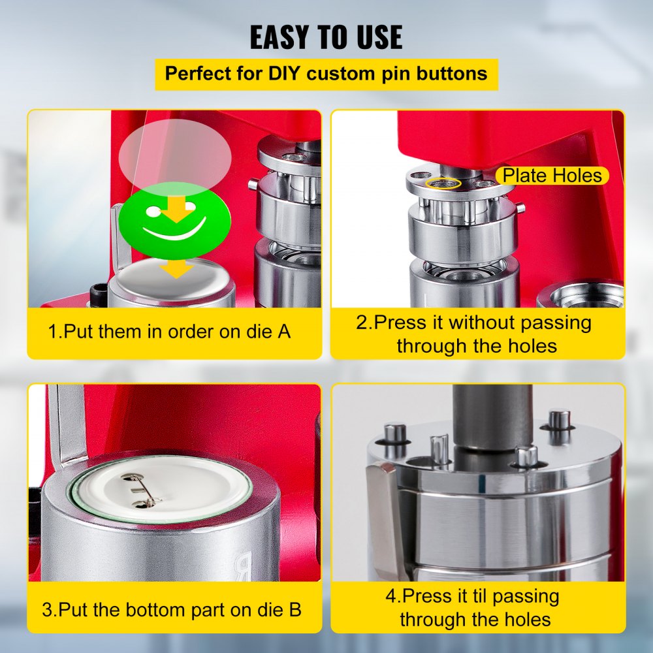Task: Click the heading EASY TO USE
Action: (x=326, y=38)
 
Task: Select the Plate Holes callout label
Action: (x=552, y=175)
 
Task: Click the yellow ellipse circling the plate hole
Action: (x=443, y=183)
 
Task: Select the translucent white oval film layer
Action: (x=175, y=155)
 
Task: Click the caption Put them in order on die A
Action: (x=169, y=332)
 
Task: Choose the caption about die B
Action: (x=172, y=611)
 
